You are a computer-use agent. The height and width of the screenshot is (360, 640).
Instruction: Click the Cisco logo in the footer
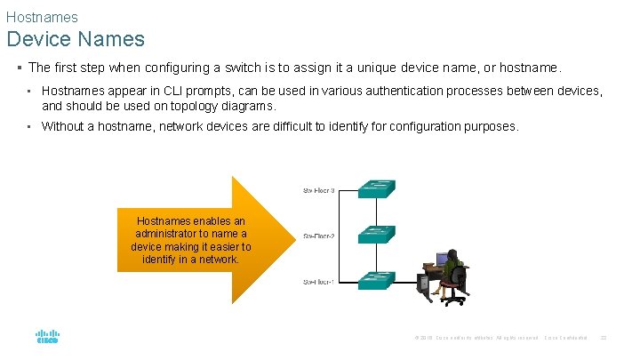tap(47, 337)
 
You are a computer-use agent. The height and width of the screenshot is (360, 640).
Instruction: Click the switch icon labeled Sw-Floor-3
tap(377, 188)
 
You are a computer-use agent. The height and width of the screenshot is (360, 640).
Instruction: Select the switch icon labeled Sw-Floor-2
tap(377, 234)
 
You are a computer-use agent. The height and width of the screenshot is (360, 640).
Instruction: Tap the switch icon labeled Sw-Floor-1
tap(377, 279)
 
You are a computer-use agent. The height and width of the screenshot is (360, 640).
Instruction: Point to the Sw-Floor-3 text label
tap(319, 190)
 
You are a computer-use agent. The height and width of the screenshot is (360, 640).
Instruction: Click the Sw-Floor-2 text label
tap(319, 236)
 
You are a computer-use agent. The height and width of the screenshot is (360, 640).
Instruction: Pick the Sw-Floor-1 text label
tap(319, 282)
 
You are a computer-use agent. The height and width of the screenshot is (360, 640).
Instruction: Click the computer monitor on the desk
tap(441, 260)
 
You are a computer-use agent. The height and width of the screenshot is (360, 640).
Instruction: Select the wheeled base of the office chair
tap(453, 300)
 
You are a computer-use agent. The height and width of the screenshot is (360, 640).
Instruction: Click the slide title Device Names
tap(75, 39)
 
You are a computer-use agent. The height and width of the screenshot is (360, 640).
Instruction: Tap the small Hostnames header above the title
tap(42, 17)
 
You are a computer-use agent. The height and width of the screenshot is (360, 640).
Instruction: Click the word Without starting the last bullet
tap(62, 126)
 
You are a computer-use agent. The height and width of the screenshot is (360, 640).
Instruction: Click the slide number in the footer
tap(604, 338)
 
